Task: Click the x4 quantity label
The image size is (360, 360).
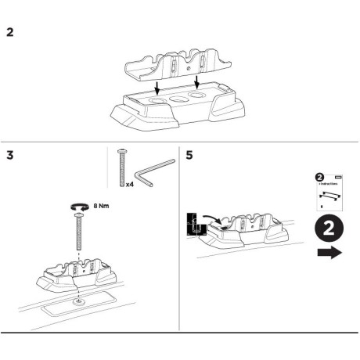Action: [130, 185]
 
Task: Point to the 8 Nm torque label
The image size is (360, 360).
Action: [101, 204]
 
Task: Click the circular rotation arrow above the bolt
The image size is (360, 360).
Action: [78, 205]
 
